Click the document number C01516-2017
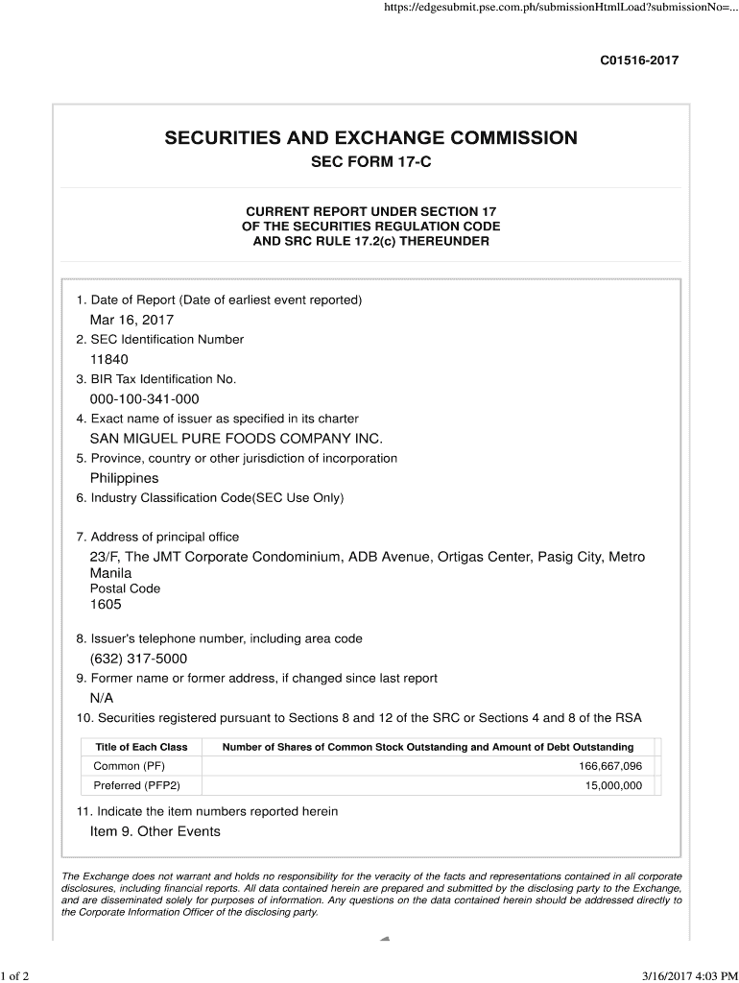pyautogui.click(x=639, y=60)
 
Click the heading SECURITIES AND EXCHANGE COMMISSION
pyautogui.click(x=371, y=137)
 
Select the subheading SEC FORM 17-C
pyautogui.click(x=371, y=162)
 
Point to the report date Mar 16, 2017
pyautogui.click(x=131, y=320)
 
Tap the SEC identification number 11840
pyautogui.click(x=109, y=359)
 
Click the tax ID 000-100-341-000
pyautogui.click(x=145, y=398)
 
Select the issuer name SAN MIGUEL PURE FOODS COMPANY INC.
pyautogui.click(x=236, y=438)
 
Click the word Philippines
pyautogui.click(x=125, y=478)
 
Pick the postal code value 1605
pyautogui.click(x=106, y=605)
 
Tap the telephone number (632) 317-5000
pyautogui.click(x=138, y=659)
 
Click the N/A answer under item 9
pyautogui.click(x=102, y=698)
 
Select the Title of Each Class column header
pyautogui.click(x=142, y=747)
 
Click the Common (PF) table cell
pyautogui.click(x=130, y=766)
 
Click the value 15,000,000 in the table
pyautogui.click(x=613, y=785)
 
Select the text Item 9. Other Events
pyautogui.click(x=155, y=831)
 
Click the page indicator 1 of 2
pyautogui.click(x=16, y=976)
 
